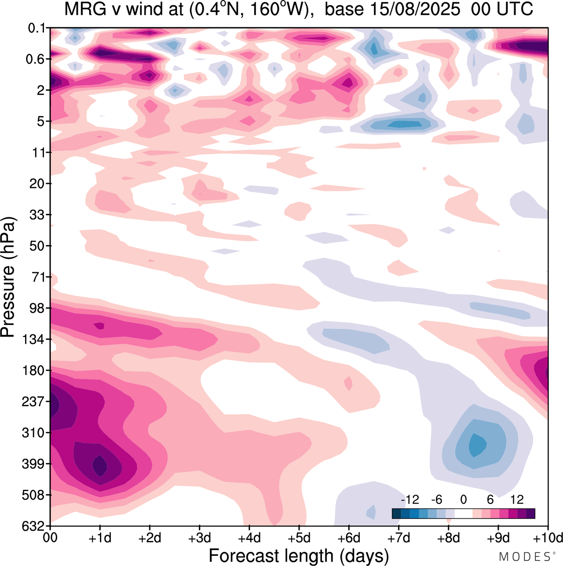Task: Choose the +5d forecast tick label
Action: tap(299, 538)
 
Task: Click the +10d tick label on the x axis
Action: tap(548, 538)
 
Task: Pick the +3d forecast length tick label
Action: tap(199, 538)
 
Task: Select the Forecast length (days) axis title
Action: tap(299, 555)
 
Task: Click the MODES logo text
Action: tap(525, 557)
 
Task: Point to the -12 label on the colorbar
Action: tap(410, 500)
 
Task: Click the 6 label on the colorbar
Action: tap(490, 500)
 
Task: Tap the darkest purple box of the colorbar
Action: tap(530, 514)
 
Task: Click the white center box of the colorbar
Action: tap(463, 514)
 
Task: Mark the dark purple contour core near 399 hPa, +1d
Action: tap(100, 466)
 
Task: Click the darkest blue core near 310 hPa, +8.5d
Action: tap(477, 445)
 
